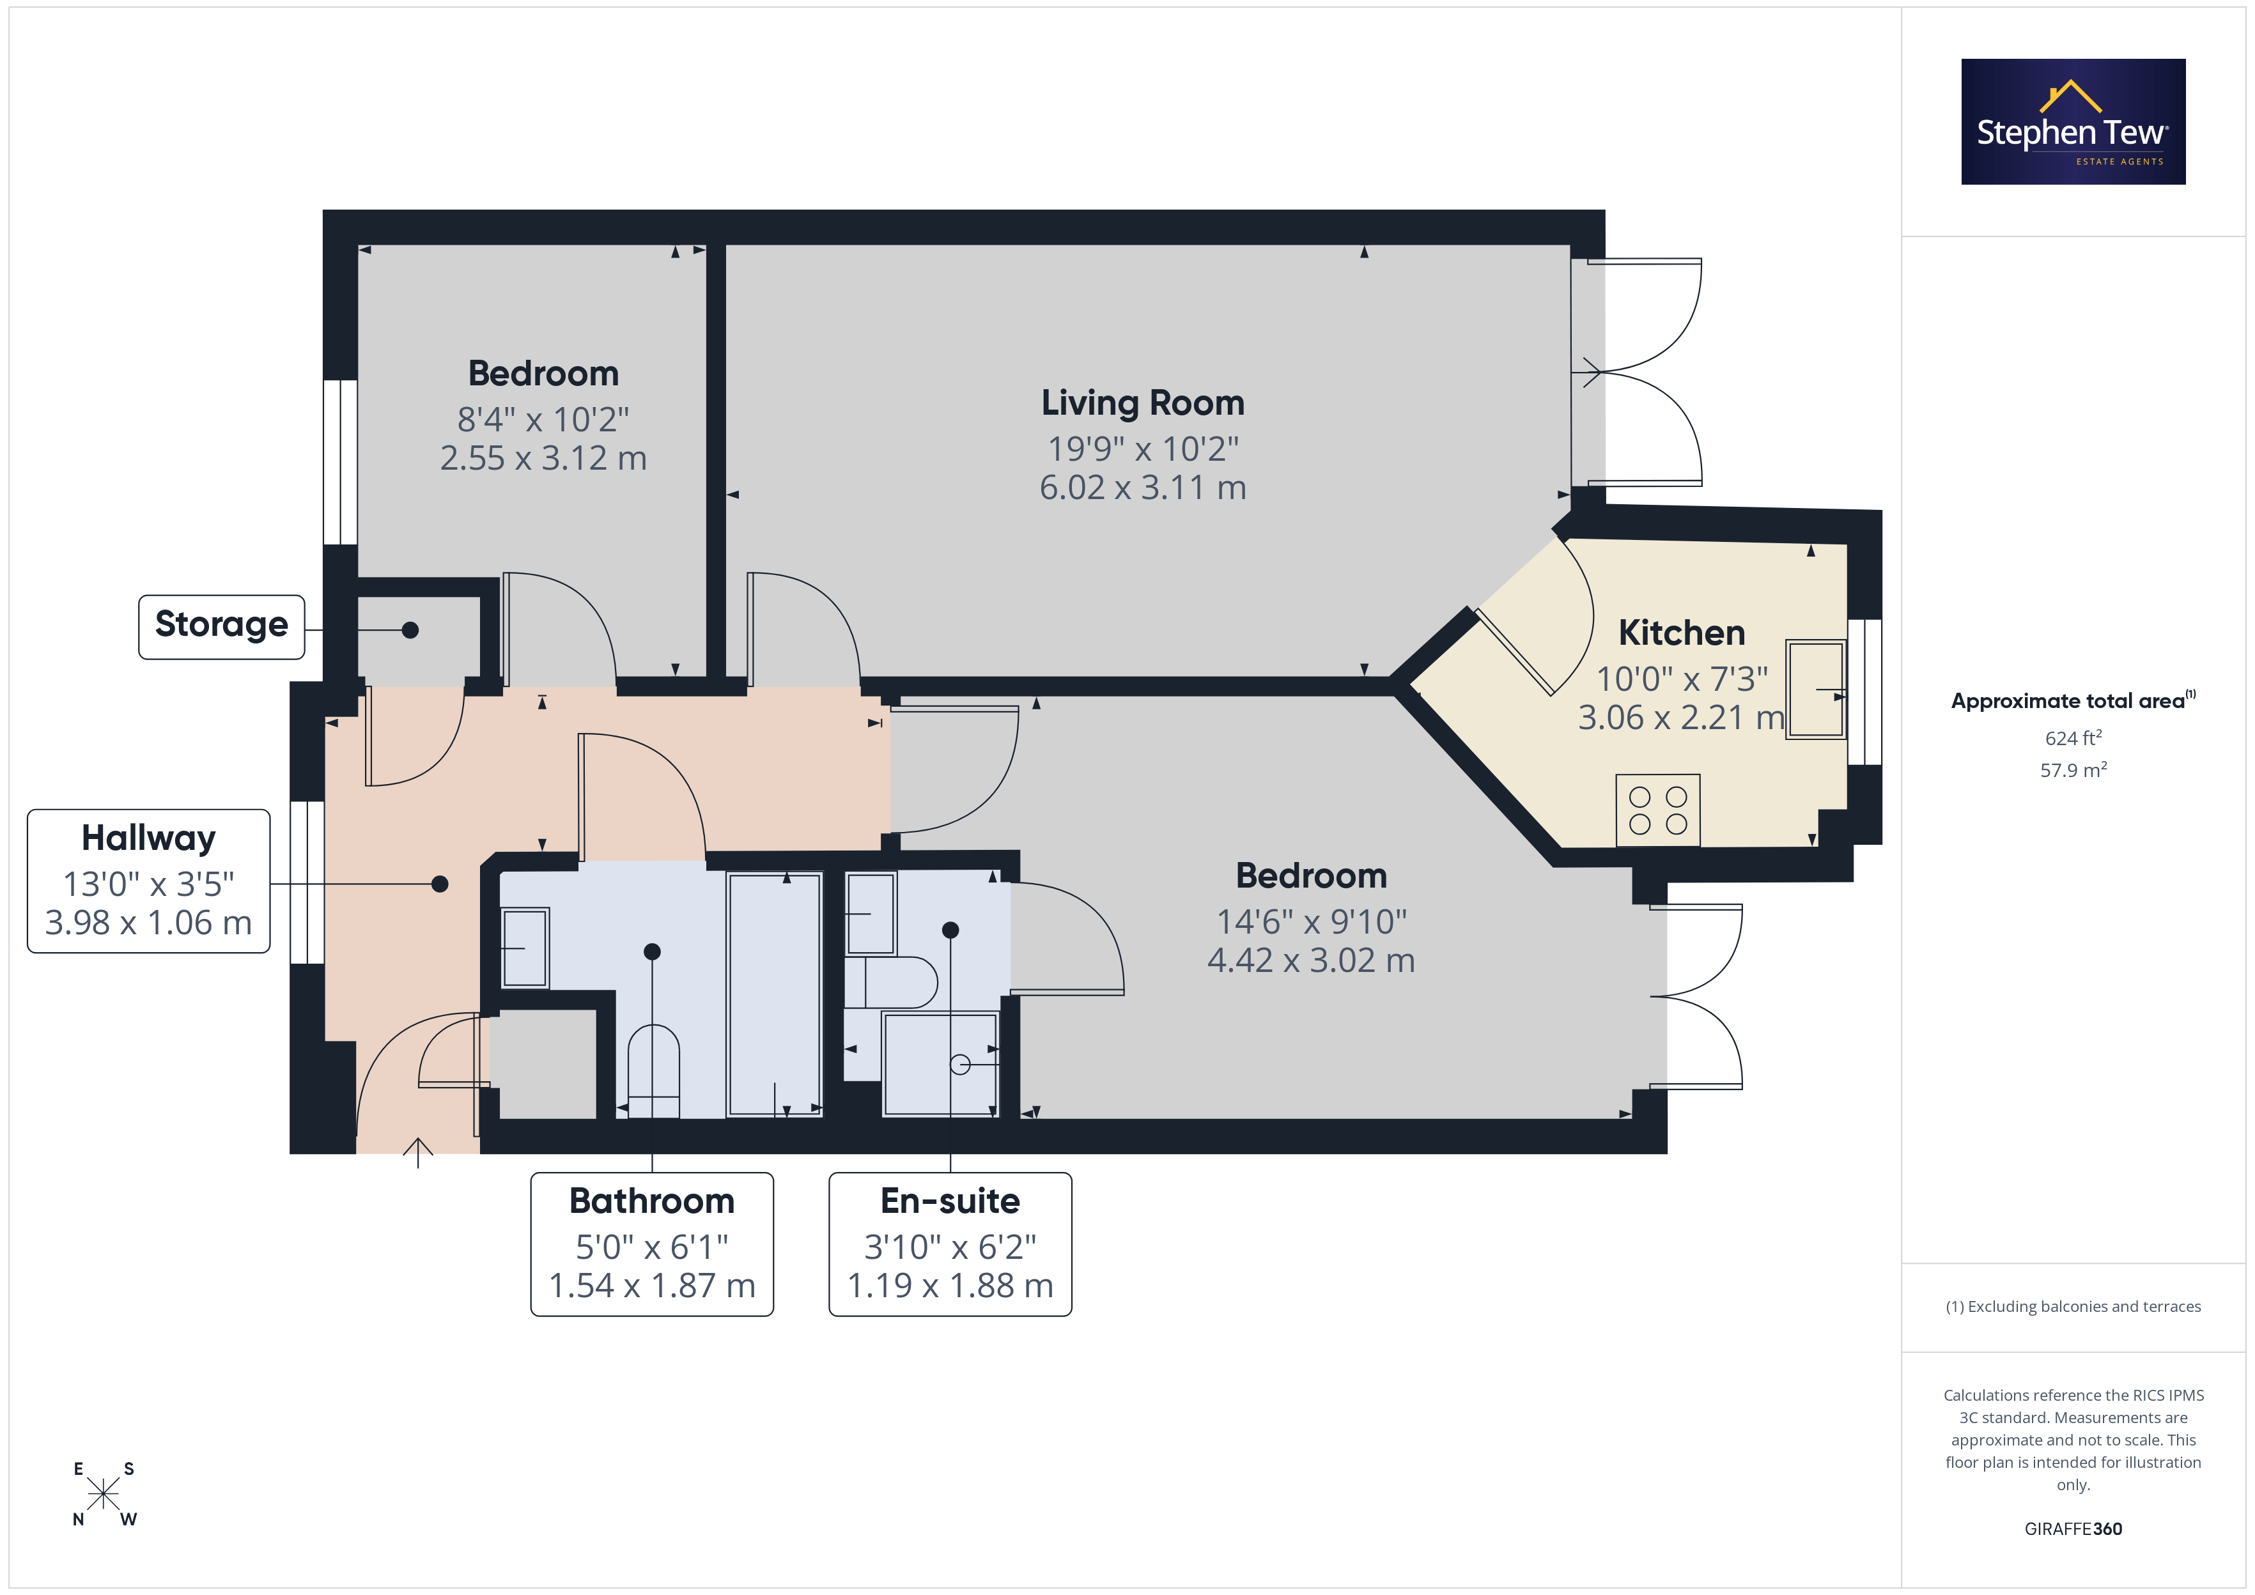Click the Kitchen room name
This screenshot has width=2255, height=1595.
point(1682,633)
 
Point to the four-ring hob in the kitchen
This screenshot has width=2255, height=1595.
point(1658,810)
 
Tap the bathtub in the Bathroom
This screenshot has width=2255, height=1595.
point(775,994)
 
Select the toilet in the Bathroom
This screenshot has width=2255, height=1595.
point(653,1070)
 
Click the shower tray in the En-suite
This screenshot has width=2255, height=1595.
point(940,1065)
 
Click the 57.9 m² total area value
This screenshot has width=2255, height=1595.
point(2073,770)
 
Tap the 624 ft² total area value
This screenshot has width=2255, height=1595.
point(2073,737)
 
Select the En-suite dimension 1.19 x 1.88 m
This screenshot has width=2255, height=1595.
point(950,1286)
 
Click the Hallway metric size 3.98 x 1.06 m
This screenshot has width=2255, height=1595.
point(148,923)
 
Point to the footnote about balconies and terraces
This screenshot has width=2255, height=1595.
point(2073,1306)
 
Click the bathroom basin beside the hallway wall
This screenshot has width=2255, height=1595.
point(525,948)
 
